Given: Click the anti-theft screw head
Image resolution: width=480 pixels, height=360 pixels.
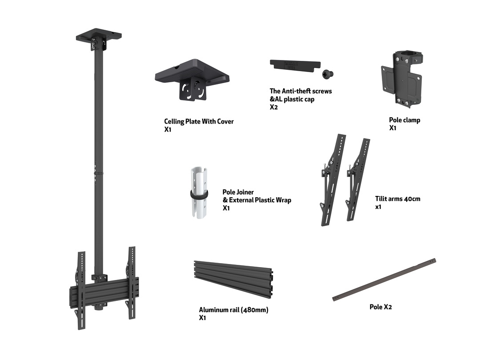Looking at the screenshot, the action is click(x=327, y=74).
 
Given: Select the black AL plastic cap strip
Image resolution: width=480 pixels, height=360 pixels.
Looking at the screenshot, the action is click(x=295, y=66).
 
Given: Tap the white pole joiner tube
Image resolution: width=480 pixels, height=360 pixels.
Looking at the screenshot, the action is click(x=199, y=192).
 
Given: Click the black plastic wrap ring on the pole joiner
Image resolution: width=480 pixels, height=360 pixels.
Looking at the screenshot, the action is click(x=199, y=194).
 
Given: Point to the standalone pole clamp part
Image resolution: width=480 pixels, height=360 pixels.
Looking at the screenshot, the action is click(x=402, y=79).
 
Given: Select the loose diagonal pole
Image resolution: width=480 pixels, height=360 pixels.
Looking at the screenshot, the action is click(x=384, y=280).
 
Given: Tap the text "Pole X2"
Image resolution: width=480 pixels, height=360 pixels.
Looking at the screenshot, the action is click(x=380, y=307).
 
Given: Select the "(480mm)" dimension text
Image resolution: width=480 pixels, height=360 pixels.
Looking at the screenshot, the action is click(x=255, y=310).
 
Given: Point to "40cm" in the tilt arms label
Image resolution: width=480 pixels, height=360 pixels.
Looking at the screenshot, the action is click(x=412, y=199).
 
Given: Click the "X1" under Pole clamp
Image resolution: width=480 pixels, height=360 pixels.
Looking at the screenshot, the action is click(x=392, y=128).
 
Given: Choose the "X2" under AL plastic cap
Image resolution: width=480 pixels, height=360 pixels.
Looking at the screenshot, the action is click(x=274, y=107).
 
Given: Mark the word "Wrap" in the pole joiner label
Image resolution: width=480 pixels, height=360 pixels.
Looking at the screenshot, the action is click(x=283, y=200).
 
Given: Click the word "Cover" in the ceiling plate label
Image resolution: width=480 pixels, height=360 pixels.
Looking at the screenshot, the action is click(x=225, y=121).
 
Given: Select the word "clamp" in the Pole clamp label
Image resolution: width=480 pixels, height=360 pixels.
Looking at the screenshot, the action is click(x=411, y=120).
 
